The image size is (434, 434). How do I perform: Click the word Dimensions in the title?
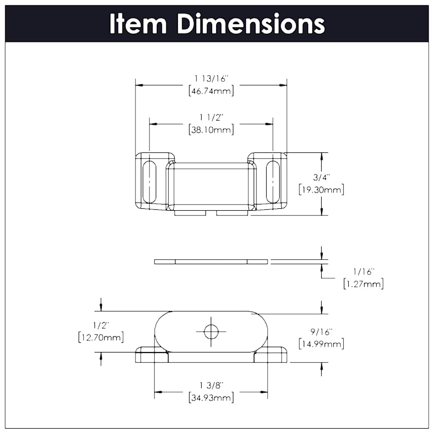[x=251, y=24]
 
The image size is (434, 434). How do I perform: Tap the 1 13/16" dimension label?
[x=211, y=79]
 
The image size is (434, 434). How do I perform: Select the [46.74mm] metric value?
[x=211, y=91]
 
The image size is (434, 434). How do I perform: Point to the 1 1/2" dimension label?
[x=211, y=117]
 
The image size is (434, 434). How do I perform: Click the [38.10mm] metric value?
[x=211, y=129]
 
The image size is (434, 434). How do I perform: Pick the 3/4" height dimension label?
[x=321, y=177]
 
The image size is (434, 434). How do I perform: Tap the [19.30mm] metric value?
[x=321, y=190]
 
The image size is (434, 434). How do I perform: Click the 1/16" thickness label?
[x=363, y=272]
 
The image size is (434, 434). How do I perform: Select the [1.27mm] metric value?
[x=363, y=284]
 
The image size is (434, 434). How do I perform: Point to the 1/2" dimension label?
[x=101, y=325]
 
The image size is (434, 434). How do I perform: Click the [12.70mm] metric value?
[x=101, y=337]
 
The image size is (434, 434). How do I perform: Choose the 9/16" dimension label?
[x=321, y=332]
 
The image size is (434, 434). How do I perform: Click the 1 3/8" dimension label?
[x=211, y=385]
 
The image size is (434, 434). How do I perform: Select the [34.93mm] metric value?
[x=211, y=397]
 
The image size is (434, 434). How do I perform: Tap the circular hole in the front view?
[x=211, y=332]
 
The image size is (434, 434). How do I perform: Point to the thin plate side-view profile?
[x=211, y=261]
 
